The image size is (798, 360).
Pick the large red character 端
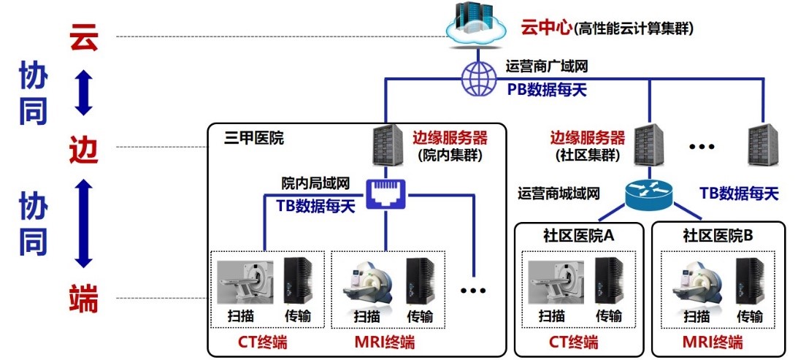(83, 298)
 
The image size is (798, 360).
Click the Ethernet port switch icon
(385, 195)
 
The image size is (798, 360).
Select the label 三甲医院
(253, 137)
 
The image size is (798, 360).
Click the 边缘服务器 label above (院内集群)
(449, 137)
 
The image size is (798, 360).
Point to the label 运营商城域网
(559, 194)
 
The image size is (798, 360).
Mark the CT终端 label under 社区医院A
(573, 342)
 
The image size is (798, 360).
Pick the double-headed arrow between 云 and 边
(84, 92)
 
